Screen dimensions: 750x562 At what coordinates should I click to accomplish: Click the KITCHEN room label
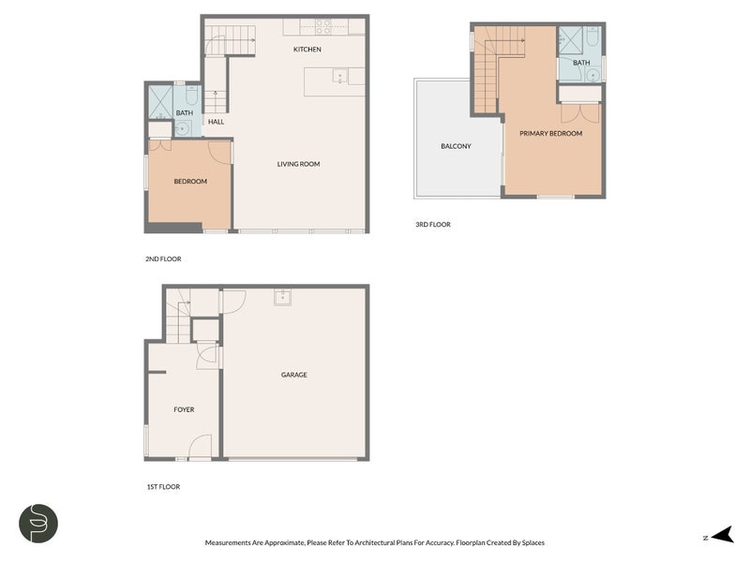307,50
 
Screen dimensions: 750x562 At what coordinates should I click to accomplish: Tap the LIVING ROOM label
298,164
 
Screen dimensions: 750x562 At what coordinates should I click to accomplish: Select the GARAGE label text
293,375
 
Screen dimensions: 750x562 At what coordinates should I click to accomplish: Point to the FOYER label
184,409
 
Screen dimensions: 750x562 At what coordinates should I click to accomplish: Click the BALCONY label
456,146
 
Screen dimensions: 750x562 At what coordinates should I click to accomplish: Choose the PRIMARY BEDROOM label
550,133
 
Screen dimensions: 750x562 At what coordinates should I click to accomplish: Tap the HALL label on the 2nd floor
216,122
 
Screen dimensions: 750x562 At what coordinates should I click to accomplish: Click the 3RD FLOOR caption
433,224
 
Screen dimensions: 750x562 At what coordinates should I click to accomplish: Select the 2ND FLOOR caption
163,259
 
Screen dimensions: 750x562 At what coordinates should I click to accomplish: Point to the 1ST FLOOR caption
163,487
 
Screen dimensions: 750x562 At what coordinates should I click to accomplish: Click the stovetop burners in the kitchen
323,27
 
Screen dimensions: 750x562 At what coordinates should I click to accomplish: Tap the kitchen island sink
340,76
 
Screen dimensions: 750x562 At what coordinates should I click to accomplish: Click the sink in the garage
283,297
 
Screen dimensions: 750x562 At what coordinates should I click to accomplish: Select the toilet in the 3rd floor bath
592,37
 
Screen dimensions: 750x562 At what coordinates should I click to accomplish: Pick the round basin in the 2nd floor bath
181,128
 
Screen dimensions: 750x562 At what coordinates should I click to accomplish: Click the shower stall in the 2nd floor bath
160,102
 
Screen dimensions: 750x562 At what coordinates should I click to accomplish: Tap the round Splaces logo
38,524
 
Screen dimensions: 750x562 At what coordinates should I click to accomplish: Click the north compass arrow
722,535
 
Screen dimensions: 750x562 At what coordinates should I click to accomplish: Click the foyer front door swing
201,447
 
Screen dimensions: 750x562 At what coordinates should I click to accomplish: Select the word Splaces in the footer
532,542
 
